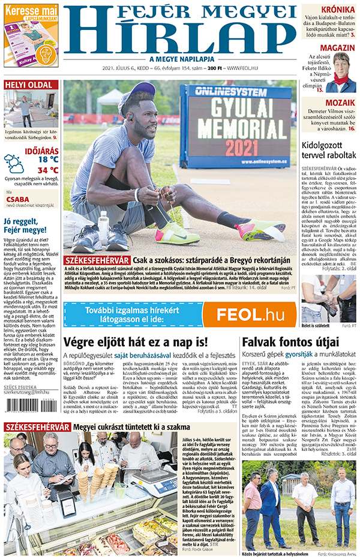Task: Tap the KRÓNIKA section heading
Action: pos(338,10)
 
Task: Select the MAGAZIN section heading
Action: pos(337,48)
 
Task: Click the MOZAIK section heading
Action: pos(340,103)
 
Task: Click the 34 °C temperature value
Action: pos(48,170)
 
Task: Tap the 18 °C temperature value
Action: pos(48,160)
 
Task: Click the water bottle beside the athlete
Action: pos(103,224)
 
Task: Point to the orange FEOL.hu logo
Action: pos(250,314)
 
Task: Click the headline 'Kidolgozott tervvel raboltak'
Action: pos(329,150)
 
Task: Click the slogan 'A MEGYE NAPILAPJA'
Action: pos(179,59)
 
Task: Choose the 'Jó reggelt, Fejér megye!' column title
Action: pos(26,225)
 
